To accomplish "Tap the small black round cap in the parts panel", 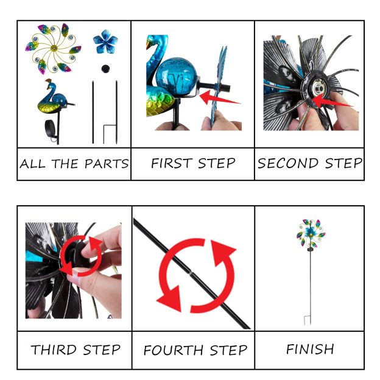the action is tap(105, 69).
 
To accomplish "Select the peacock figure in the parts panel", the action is tap(55, 97).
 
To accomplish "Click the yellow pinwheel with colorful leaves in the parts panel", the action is tap(53, 49).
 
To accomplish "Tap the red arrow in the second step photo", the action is tap(331, 102).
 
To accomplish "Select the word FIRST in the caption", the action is tap(172, 163).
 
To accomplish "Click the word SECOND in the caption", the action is tap(288, 163).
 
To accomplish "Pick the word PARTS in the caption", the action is tap(107, 164).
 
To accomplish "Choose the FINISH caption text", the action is tap(310, 349).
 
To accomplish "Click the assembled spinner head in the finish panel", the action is tap(311, 233).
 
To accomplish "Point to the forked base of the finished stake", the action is tap(308, 320).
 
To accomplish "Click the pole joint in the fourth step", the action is tap(191, 273).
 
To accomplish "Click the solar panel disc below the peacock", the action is tap(51, 128).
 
